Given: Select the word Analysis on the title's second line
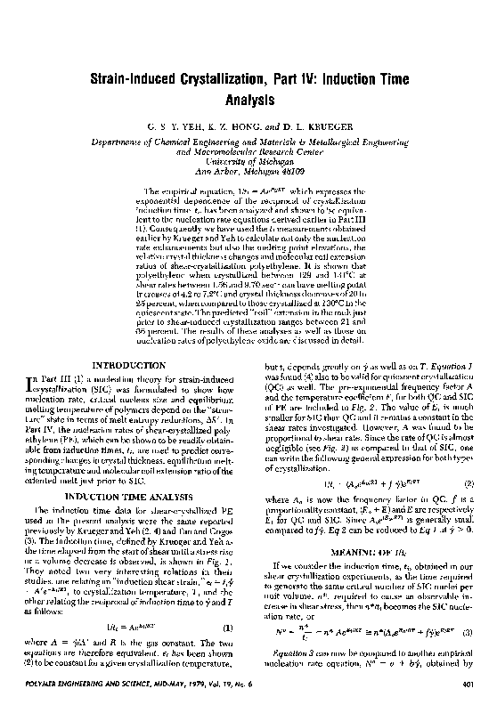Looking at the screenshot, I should [248, 101].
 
